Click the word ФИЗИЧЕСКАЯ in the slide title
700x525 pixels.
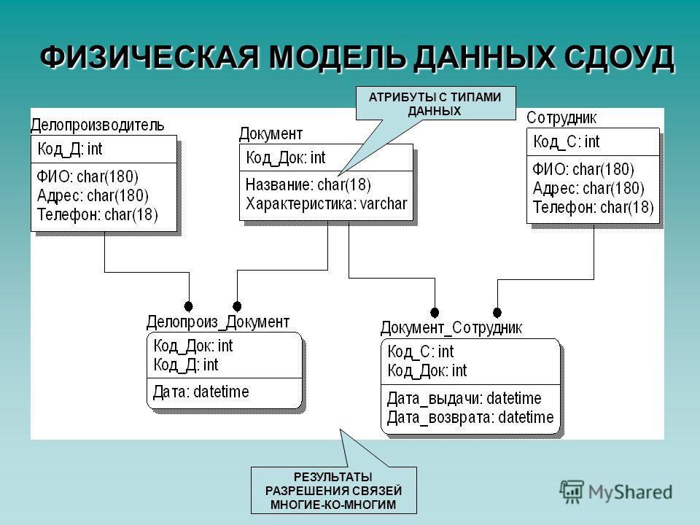tap(150, 57)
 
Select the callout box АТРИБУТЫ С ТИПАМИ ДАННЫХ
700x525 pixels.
tap(435, 104)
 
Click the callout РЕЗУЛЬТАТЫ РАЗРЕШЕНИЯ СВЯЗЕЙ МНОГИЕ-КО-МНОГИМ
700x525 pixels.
tap(333, 491)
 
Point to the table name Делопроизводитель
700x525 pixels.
tap(97, 125)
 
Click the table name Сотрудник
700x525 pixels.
tap(561, 118)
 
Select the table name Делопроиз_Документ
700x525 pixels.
tap(218, 322)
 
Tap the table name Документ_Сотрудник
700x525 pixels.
tap(451, 328)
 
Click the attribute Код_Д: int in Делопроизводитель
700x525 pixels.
tap(70, 149)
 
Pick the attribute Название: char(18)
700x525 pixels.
tap(308, 184)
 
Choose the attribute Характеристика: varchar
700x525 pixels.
tap(327, 204)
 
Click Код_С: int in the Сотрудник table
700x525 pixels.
tap(567, 142)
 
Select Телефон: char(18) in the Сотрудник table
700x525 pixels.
tap(594, 207)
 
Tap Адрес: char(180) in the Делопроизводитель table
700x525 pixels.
tap(93, 195)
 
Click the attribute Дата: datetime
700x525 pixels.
tap(201, 392)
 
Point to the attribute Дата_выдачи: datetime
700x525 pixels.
tap(464, 398)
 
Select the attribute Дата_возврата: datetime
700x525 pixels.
tap(470, 417)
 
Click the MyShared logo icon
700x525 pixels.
tap(572, 492)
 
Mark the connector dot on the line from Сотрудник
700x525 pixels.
tap(497, 313)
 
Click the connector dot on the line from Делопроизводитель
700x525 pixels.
tap(188, 306)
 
